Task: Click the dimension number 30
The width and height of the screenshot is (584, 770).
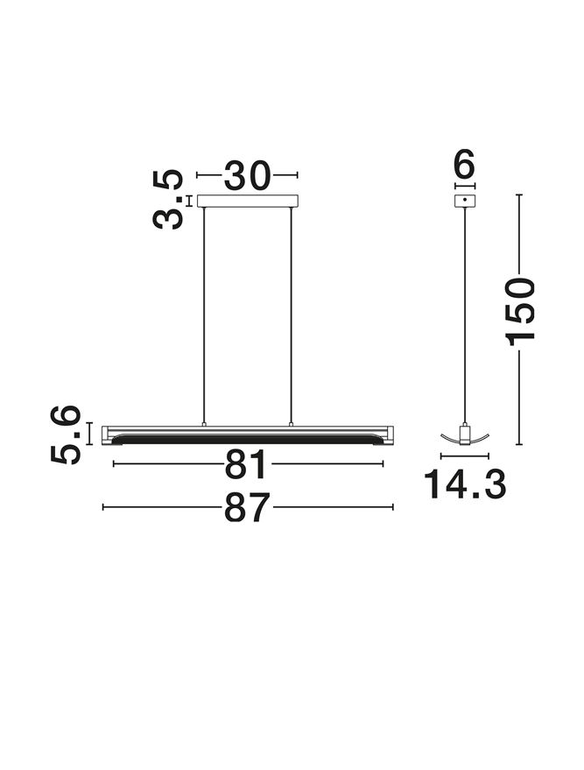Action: (x=247, y=175)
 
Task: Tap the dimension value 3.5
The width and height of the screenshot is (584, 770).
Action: (x=168, y=200)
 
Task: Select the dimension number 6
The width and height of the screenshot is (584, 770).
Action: (x=465, y=164)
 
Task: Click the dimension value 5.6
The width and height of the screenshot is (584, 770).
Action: (x=66, y=434)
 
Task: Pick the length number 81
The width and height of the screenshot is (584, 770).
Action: (x=245, y=464)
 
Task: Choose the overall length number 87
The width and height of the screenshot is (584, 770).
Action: (x=247, y=507)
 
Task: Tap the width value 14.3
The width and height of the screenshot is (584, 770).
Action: (x=465, y=484)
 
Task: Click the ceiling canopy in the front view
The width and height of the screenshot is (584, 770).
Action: (x=248, y=201)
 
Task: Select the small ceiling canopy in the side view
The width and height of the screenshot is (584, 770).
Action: (x=465, y=201)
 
